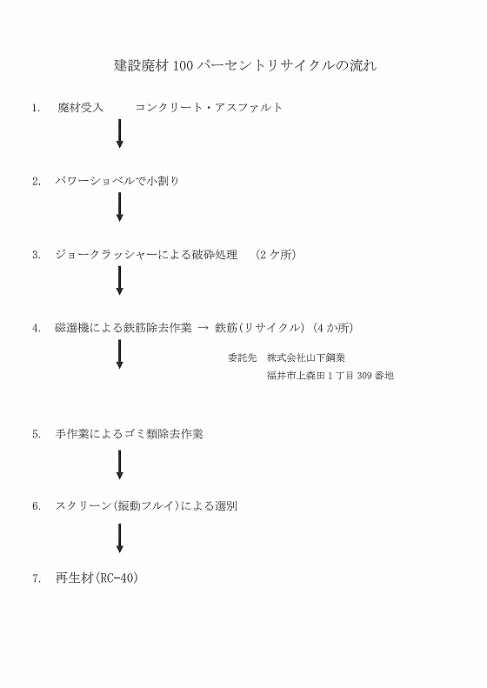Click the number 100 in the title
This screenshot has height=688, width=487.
[x=183, y=66]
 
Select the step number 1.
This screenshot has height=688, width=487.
[x=36, y=108]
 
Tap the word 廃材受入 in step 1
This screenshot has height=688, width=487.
[x=80, y=108]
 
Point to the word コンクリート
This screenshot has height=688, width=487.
[x=169, y=108]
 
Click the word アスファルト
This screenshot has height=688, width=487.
[x=249, y=108]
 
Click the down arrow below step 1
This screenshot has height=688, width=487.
[x=119, y=133]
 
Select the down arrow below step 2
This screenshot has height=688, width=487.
[x=119, y=207]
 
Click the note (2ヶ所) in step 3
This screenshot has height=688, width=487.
[x=276, y=255]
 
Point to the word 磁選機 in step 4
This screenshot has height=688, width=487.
[x=72, y=328]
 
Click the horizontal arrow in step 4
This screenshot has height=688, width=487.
[x=203, y=328]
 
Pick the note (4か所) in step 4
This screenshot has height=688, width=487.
[x=333, y=328]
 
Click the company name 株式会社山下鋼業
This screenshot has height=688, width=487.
[x=306, y=357]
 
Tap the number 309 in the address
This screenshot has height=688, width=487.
[x=364, y=376]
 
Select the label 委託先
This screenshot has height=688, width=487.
[x=242, y=357]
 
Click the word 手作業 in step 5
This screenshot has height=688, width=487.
[x=72, y=434]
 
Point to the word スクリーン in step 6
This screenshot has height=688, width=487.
[x=83, y=506]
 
